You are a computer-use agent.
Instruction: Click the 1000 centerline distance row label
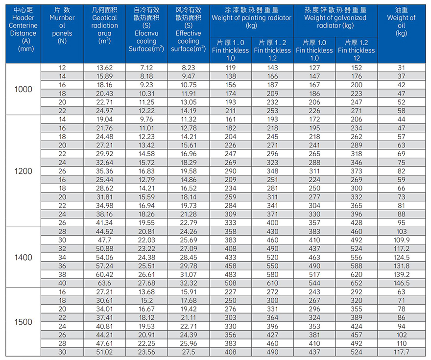point(23,89)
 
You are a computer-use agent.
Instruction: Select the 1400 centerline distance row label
point(23,258)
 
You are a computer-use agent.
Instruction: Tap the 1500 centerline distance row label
point(23,322)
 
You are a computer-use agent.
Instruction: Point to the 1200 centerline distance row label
point(23,171)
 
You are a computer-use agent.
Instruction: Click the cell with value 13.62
point(105,68)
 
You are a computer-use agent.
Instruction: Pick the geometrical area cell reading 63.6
point(105,283)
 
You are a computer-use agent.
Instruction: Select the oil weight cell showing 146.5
point(402,283)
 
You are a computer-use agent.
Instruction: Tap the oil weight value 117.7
point(402,352)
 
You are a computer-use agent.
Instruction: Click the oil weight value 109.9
point(402,240)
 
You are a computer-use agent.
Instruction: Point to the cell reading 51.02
point(105,352)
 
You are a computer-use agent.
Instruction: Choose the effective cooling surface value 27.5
point(189,352)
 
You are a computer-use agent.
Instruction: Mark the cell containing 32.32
point(189,283)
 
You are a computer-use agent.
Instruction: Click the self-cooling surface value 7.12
point(146,68)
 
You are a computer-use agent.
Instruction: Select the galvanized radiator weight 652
point(357,283)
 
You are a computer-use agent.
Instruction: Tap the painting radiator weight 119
point(230,68)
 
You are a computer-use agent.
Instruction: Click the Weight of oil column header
point(402,22)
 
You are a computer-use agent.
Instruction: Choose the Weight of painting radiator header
point(251,18)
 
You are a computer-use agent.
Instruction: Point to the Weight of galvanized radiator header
point(335,18)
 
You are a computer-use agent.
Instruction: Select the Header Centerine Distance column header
point(23,29)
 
